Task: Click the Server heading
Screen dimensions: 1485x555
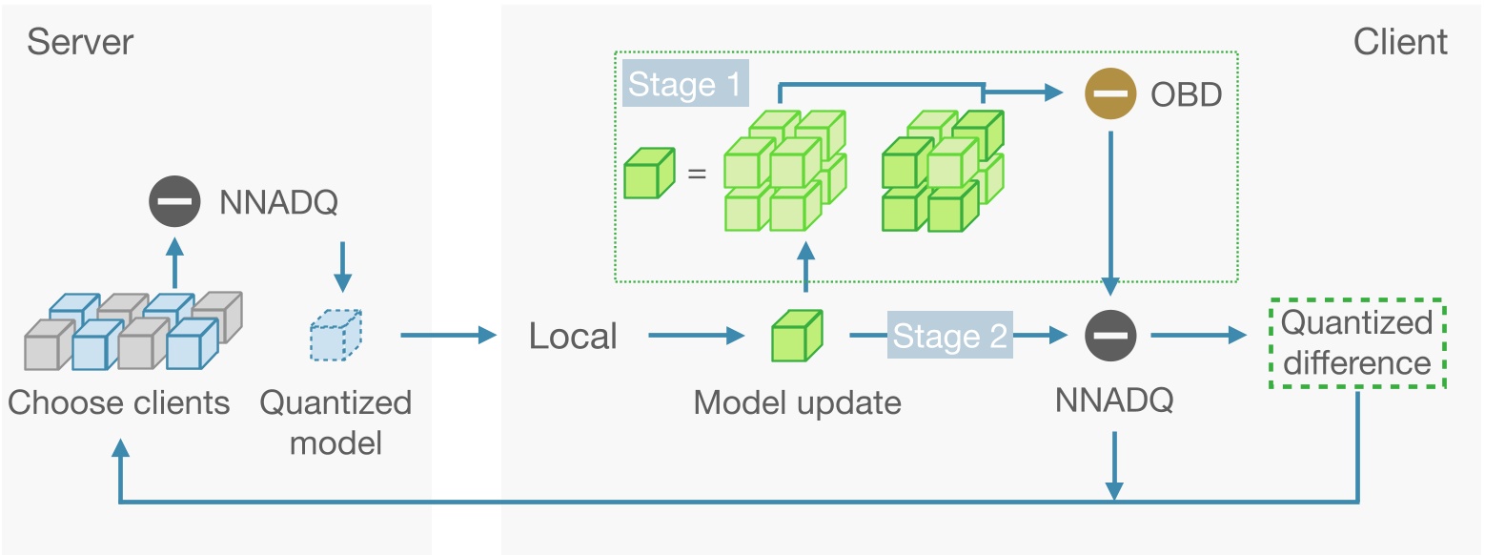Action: (80, 42)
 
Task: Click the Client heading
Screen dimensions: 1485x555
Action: (1399, 42)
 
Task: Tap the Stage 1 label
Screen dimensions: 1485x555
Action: (684, 85)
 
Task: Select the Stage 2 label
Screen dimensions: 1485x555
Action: (949, 337)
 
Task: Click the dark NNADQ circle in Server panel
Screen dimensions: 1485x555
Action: (174, 202)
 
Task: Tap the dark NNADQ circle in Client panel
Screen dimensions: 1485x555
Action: (1110, 336)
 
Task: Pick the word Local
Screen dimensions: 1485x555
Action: (573, 336)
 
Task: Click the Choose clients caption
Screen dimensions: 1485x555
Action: (119, 402)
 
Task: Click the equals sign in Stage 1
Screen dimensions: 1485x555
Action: (697, 174)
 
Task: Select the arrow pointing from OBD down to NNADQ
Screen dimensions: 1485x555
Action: (1110, 210)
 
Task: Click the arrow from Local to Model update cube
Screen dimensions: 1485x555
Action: (696, 336)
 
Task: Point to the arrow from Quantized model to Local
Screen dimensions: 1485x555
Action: (449, 336)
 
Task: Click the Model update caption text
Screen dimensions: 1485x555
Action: (797, 402)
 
